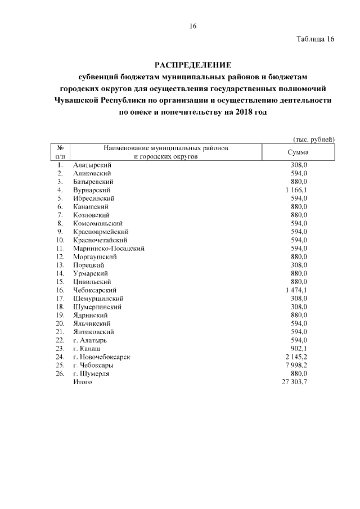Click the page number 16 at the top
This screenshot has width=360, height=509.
pyautogui.click(x=192, y=26)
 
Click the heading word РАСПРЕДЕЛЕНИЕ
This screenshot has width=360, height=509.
pyautogui.click(x=192, y=65)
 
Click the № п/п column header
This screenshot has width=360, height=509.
pyautogui.click(x=59, y=152)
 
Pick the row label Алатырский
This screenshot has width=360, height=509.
pyautogui.click(x=92, y=165)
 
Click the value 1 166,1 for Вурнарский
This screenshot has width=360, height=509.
pyautogui.click(x=296, y=190)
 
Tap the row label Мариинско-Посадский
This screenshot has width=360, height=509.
pyautogui.click(x=109, y=248)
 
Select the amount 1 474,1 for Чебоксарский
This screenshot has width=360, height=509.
pyautogui.click(x=296, y=290)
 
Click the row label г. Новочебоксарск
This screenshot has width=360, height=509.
pyautogui.click(x=102, y=357)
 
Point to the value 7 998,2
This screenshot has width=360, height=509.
pyautogui.click(x=296, y=365)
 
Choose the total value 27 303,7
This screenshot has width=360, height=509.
pyautogui.click(x=295, y=382)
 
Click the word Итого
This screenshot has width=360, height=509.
pyautogui.click(x=82, y=382)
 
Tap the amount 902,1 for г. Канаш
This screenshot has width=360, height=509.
pyautogui.click(x=299, y=348)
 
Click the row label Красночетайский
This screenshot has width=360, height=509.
pyautogui.click(x=100, y=240)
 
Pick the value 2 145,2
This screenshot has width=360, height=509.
pyautogui.click(x=296, y=357)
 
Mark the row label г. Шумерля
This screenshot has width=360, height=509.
pyautogui.click(x=91, y=373)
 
